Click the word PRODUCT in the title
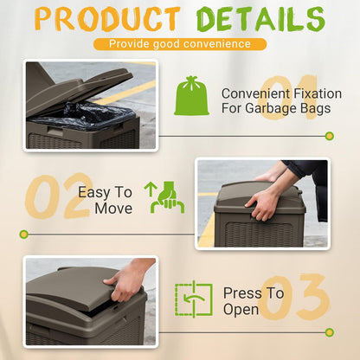click(106, 18)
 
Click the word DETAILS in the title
click(258, 18)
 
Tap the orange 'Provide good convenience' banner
click(179, 43)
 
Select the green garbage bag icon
click(191, 96)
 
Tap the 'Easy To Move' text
click(106, 200)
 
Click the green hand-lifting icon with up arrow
click(167, 197)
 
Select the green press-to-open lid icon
click(193, 300)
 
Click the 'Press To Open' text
click(253, 300)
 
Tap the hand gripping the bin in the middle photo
click(263, 201)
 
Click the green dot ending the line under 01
click(329, 136)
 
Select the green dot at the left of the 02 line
click(24, 234)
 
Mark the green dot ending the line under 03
click(329, 332)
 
